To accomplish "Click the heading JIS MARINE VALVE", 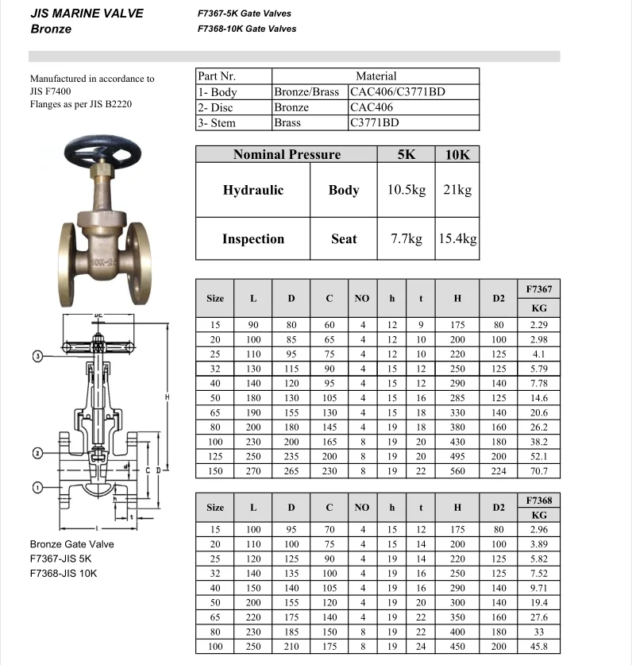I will click(87, 14).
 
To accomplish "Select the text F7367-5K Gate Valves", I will click(245, 14).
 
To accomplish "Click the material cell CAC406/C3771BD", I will click(398, 91).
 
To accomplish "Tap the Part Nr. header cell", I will click(217, 76).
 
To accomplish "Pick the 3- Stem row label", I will click(217, 123).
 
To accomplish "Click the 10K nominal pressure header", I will click(457, 155).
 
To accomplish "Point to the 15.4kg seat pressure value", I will click(457, 238).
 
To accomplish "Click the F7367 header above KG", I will click(538, 289).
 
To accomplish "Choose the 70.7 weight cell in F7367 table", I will click(538, 471).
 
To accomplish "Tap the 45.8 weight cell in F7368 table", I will click(538, 646).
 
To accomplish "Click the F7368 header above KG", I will click(538, 500).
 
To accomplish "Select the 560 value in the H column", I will click(457, 471).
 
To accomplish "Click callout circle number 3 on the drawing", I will click(37, 356).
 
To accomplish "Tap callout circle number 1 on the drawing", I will click(37, 486).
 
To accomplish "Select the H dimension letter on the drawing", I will click(168, 396).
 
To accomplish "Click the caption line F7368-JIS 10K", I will click(64, 573).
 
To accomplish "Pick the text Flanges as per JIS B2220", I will click(81, 103).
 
